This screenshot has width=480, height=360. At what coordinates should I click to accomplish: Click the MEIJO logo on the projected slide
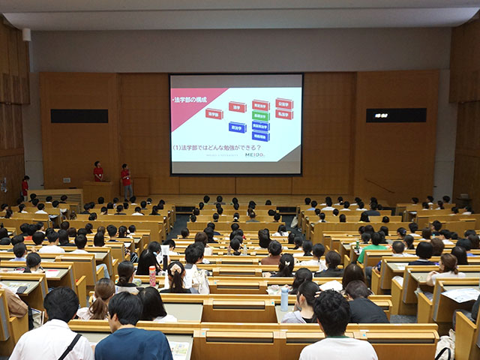tap(256, 155)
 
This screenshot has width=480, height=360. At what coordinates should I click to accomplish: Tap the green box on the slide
tap(260, 116)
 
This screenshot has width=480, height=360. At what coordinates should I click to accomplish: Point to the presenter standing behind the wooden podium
tap(98, 172)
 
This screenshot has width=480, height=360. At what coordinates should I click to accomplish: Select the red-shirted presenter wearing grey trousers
tap(126, 181)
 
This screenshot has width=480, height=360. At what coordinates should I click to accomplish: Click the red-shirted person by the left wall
tap(25, 187)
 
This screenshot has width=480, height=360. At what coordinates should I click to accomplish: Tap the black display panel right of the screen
tap(395, 115)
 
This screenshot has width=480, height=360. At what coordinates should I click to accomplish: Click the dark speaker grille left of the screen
tap(79, 116)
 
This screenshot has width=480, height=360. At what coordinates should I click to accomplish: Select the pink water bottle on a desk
tap(152, 277)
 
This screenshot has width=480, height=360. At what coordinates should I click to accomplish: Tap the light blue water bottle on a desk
tap(284, 300)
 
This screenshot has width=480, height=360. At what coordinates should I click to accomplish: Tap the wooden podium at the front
tap(97, 191)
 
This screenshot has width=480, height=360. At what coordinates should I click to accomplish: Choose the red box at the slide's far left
tap(214, 114)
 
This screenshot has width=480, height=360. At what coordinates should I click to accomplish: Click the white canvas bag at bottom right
tap(445, 347)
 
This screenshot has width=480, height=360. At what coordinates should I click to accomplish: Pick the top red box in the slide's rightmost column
tap(283, 103)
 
